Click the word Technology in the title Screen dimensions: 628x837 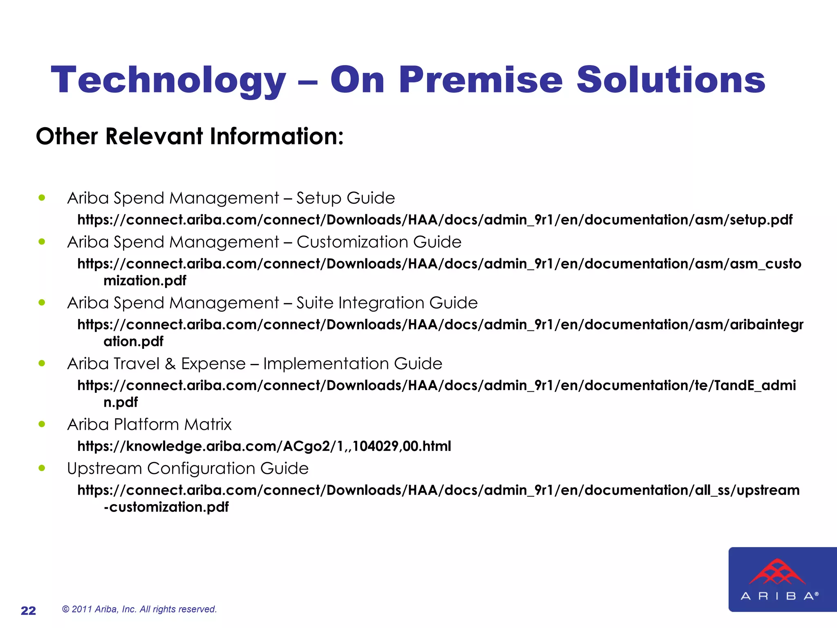pyautogui.click(x=168, y=80)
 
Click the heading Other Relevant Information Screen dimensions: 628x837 pyautogui.click(x=190, y=136)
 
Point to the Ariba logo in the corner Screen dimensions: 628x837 pyautogui.click(x=782, y=579)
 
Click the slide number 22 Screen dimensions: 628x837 pyautogui.click(x=28, y=610)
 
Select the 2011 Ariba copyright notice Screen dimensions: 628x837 pyautogui.click(x=139, y=609)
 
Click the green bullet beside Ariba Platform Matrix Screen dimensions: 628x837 pyautogui.click(x=42, y=424)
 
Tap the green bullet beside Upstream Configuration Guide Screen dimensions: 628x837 pyautogui.click(x=42, y=468)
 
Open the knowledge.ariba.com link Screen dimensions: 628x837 pyautogui.click(x=264, y=446)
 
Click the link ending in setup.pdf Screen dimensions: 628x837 pyautogui.click(x=435, y=220)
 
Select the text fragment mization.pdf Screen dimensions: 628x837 pyautogui.click(x=145, y=281)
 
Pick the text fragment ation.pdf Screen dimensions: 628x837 pyautogui.click(x=133, y=341)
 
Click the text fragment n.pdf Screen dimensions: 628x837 pyautogui.click(x=121, y=402)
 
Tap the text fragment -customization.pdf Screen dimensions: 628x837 pyautogui.click(x=166, y=507)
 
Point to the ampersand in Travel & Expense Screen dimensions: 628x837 pyautogui.click(x=170, y=364)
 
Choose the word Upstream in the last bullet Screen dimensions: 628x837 pyautogui.click(x=104, y=469)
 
